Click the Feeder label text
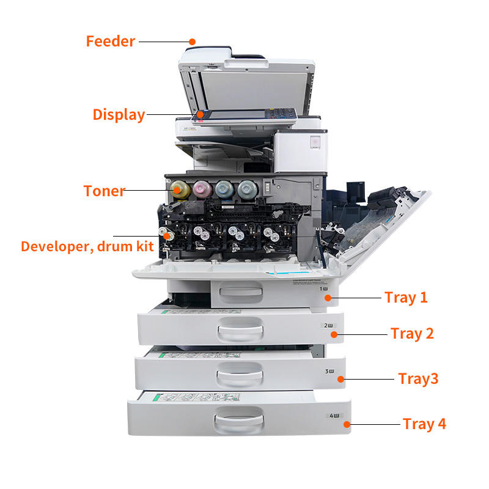110,42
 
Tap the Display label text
119,114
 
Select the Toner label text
104,191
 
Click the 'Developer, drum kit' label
87,246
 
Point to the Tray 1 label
406,298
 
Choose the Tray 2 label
412,334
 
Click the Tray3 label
418,378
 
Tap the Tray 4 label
424,424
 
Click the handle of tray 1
240,295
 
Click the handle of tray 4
238,422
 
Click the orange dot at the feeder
192,42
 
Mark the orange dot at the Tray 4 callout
347,424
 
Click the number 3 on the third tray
328,370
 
